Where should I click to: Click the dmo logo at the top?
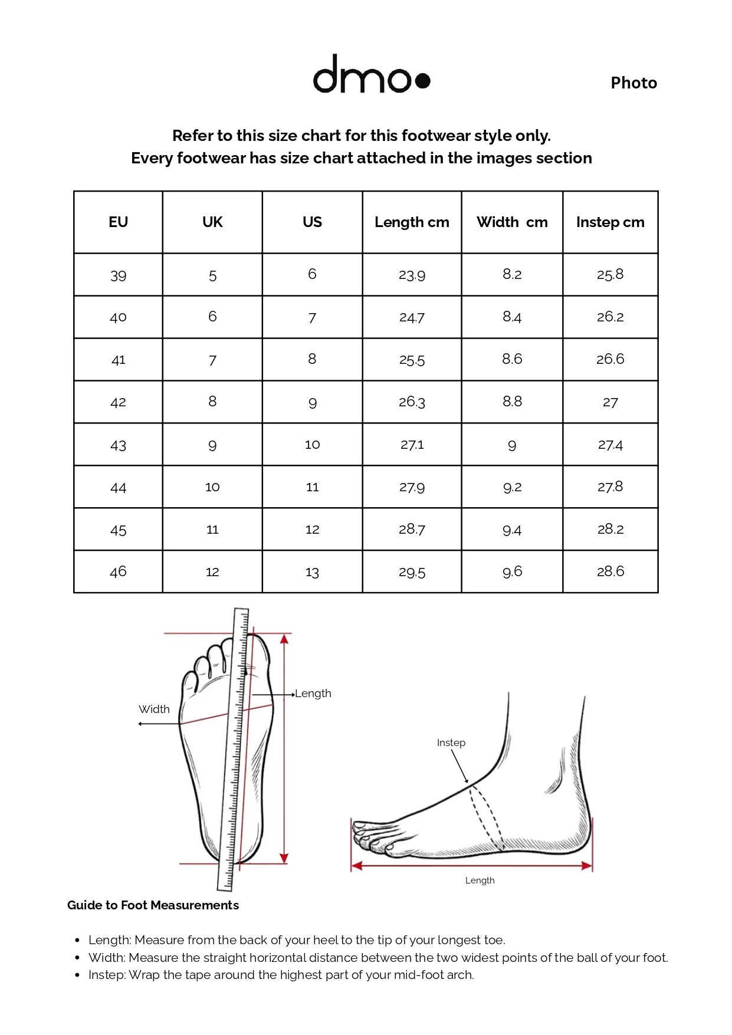coord(372,74)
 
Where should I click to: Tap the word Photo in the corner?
coord(633,83)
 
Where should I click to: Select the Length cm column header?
coord(412,222)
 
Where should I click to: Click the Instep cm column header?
coord(610,222)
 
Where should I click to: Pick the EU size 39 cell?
coord(118,275)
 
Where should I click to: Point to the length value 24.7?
coord(412,317)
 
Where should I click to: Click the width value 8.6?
coord(512,359)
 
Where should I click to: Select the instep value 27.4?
coord(610,445)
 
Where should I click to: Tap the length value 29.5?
coord(412,572)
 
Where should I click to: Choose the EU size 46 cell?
coord(118,571)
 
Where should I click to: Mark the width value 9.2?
coord(512,487)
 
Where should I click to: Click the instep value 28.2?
coord(610,529)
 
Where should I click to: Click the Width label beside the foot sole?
coord(154,709)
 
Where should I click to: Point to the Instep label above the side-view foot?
coord(451,743)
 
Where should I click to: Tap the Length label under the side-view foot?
coord(480,880)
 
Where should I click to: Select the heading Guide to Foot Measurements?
coord(153,905)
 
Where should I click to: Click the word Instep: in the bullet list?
coord(107,975)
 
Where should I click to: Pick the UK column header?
coord(212,222)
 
